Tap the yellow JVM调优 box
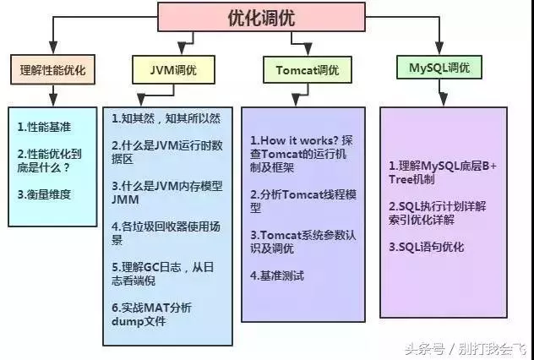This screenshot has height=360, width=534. click(172, 67)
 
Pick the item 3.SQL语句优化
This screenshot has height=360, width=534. click(426, 247)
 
